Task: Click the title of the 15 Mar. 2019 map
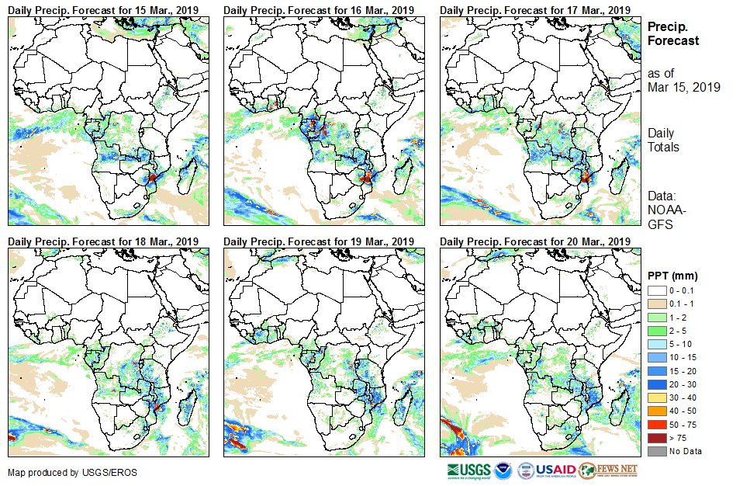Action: [102, 9]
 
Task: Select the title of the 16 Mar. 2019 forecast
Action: [319, 9]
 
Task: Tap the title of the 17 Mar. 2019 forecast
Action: [534, 9]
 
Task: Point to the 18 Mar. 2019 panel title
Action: [102, 241]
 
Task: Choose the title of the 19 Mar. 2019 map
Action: [319, 241]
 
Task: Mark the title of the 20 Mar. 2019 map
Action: [534, 241]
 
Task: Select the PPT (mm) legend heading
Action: [672, 276]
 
